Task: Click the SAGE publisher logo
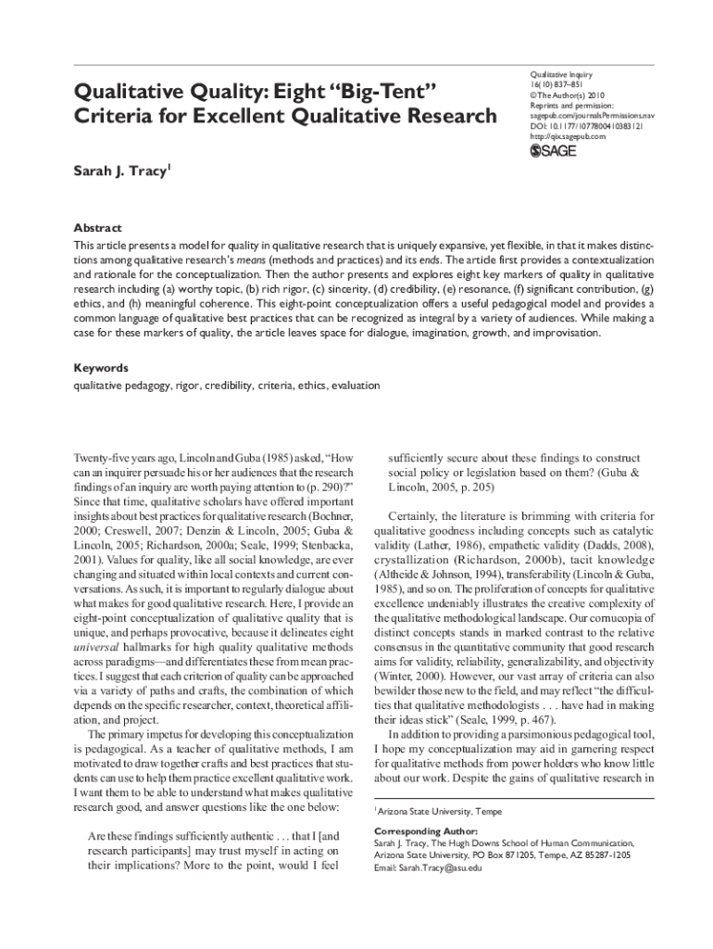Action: click(x=552, y=151)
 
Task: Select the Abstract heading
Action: click(x=97, y=228)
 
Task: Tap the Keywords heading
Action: click(x=101, y=368)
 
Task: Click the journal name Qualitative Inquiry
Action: click(x=560, y=74)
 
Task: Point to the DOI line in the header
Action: click(x=588, y=125)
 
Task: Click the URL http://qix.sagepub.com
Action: click(x=568, y=136)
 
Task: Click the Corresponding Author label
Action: click(x=426, y=831)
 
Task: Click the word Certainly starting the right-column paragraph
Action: click(x=415, y=516)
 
